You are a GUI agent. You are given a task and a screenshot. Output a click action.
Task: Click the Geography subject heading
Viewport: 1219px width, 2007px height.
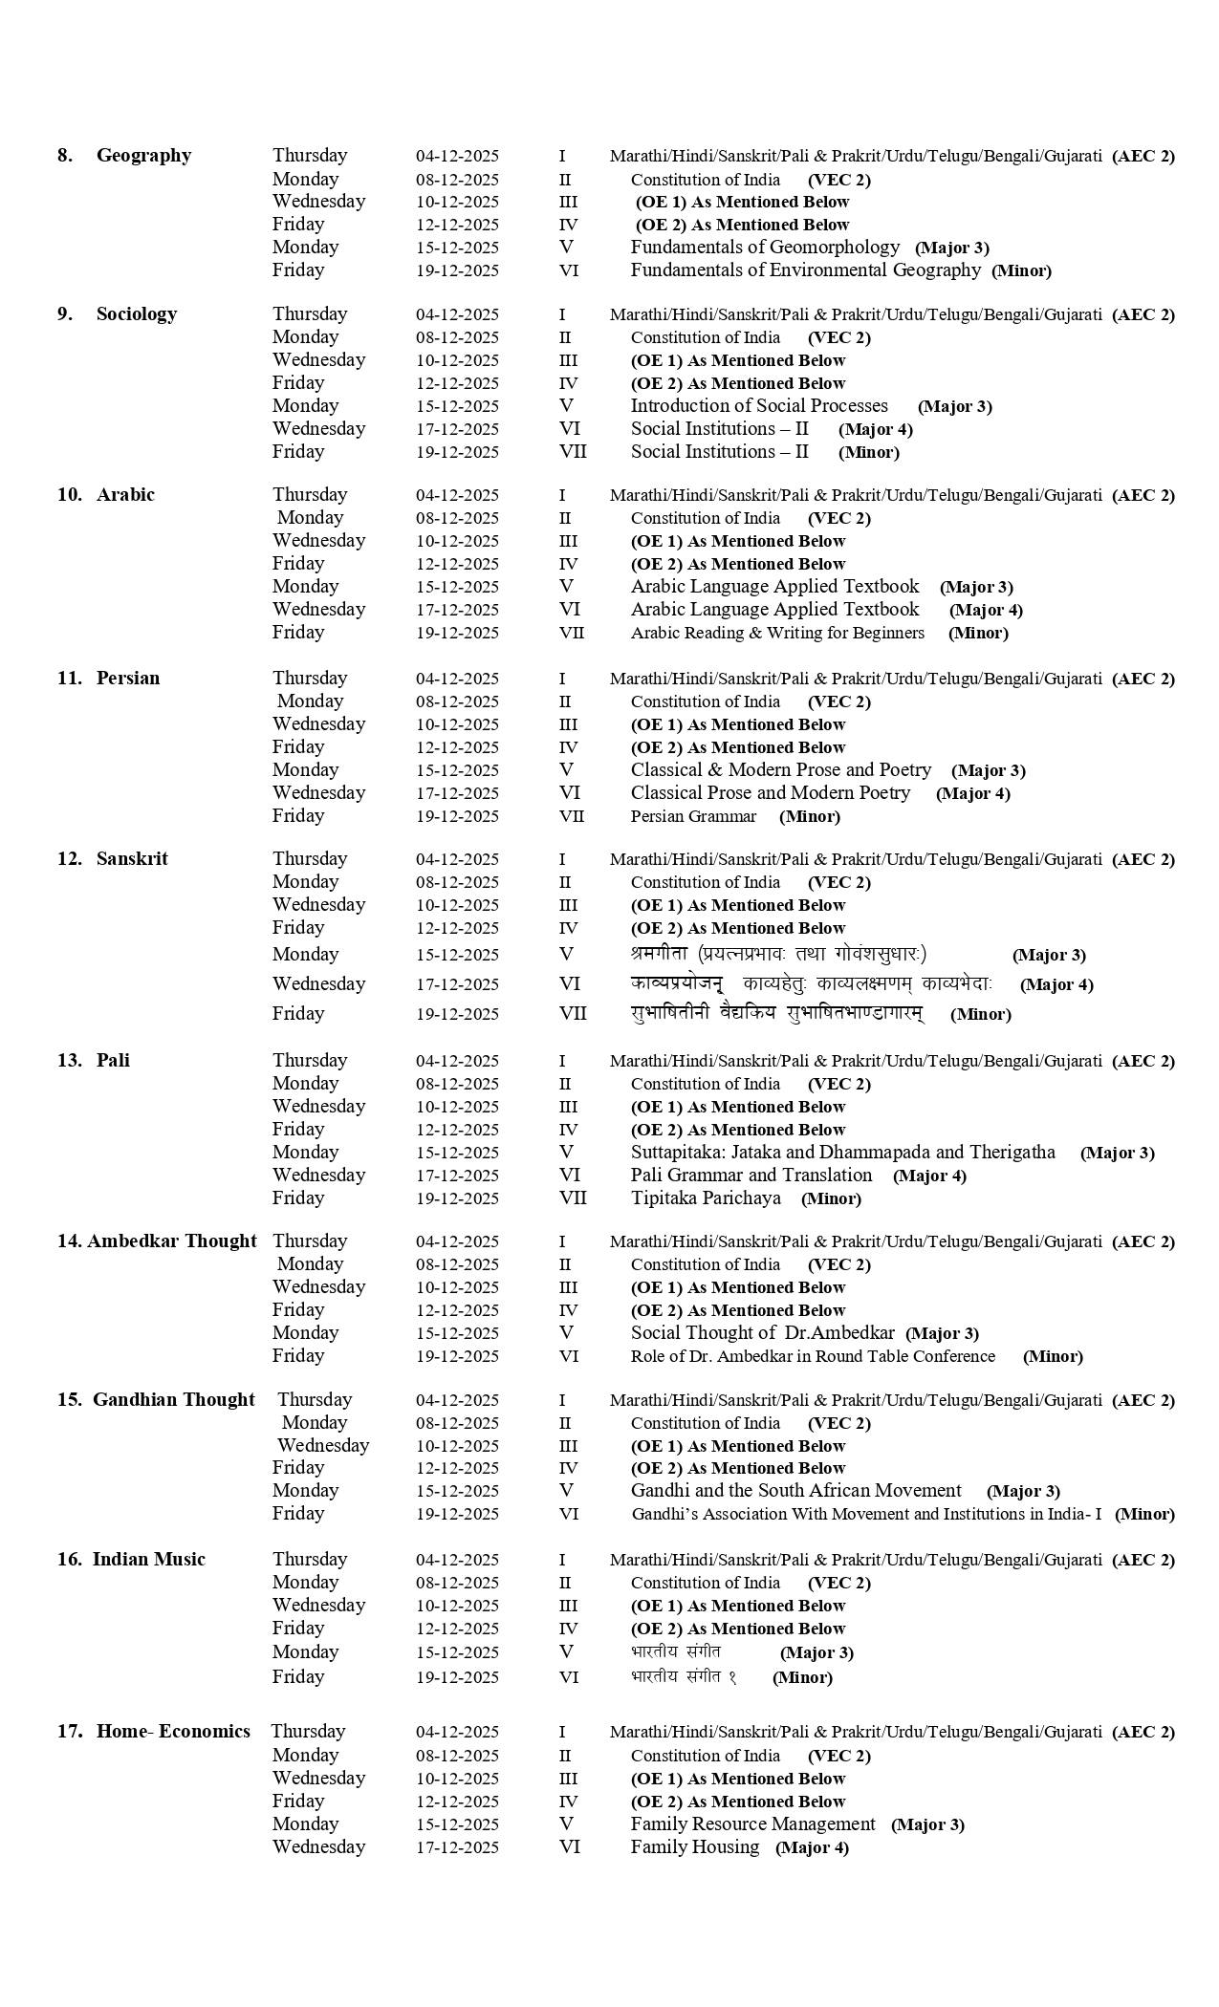tap(143, 156)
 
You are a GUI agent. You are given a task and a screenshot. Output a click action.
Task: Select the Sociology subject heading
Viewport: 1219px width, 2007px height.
tap(136, 314)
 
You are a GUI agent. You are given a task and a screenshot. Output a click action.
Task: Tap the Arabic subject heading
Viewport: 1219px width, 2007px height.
tap(125, 495)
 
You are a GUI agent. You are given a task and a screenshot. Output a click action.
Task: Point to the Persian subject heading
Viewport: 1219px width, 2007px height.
tap(128, 679)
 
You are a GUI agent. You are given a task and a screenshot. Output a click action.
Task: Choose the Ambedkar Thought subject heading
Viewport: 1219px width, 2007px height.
tap(171, 1241)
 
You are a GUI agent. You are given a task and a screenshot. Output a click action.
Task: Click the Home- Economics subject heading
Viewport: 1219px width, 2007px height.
tap(173, 1732)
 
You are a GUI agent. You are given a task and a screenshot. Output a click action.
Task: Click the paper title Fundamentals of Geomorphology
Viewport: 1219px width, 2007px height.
tap(765, 248)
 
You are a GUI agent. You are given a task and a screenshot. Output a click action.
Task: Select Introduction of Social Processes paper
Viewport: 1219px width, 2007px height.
tap(759, 406)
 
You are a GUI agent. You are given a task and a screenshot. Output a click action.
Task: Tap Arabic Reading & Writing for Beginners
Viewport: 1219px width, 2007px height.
tap(777, 633)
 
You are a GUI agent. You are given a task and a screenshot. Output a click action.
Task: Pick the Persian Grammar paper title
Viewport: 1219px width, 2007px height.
tap(693, 816)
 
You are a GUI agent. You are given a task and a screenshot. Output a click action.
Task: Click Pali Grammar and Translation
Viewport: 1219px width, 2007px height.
tap(751, 1176)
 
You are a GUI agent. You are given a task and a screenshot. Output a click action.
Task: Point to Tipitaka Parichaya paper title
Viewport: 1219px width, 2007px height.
tap(706, 1198)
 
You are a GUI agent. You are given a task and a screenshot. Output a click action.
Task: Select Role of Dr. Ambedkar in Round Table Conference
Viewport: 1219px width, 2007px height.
tap(813, 1356)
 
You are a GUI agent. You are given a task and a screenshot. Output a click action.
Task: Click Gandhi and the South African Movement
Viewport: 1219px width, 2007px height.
tap(795, 1491)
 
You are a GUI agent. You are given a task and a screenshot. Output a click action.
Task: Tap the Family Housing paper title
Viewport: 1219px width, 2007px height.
tap(695, 1847)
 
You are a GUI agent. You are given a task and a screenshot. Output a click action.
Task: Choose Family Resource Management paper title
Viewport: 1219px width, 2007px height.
tap(752, 1824)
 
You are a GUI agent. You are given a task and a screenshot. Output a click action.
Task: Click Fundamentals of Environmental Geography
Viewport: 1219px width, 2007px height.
tap(805, 270)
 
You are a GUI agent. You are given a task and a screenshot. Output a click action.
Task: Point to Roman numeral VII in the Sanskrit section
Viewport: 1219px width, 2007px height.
tap(573, 1014)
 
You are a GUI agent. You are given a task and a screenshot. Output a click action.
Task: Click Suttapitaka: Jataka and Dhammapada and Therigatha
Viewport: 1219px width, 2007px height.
tap(842, 1153)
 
